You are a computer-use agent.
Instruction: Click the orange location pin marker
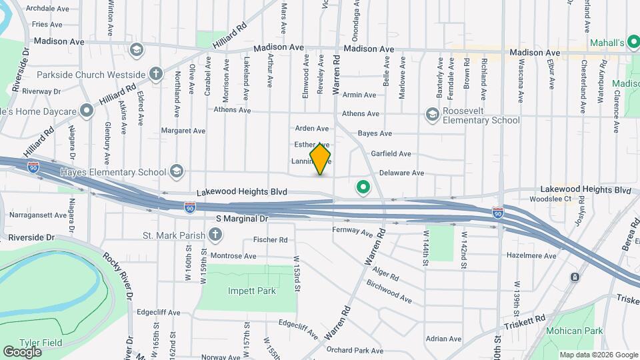(320, 159)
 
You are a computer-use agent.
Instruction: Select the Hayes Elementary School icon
(177, 172)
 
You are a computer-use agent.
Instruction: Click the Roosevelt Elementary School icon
(432, 115)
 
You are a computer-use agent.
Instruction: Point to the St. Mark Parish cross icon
(215, 234)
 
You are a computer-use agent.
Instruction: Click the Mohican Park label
(574, 331)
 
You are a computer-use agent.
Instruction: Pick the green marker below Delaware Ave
(363, 188)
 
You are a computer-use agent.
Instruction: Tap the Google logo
(22, 351)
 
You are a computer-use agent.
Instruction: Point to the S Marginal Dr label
(241, 218)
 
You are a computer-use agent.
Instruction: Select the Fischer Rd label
(270, 239)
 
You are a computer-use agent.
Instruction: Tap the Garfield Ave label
(391, 153)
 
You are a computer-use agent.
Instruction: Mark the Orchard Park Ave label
(355, 350)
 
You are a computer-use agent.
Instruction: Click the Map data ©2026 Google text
(597, 355)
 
